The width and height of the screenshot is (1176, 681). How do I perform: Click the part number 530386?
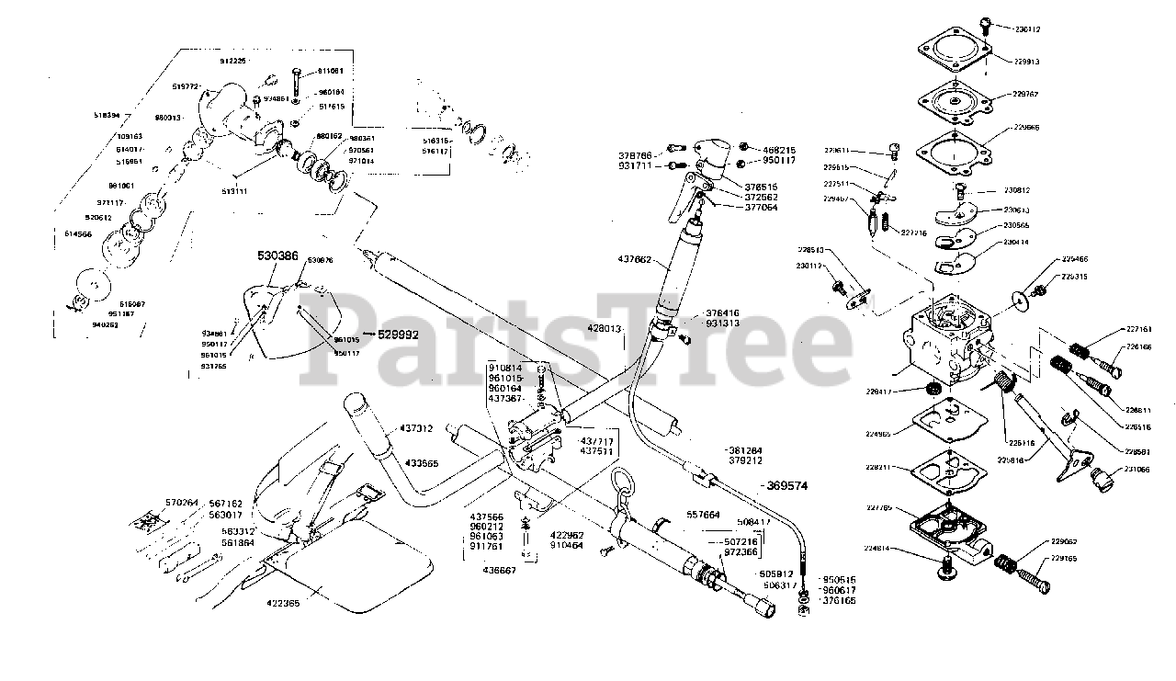277,255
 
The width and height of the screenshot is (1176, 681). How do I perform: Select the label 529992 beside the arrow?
399,335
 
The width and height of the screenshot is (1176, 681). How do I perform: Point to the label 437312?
416,428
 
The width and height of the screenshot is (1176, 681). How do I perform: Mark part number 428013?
606,328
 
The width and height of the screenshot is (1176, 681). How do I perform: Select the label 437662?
634,260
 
